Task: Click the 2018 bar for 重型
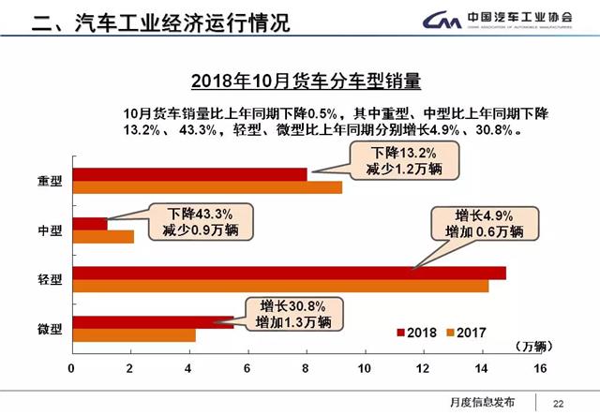click(x=187, y=174)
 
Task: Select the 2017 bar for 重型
click(x=206, y=187)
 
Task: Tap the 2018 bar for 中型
click(x=90, y=224)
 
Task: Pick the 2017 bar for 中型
click(x=103, y=237)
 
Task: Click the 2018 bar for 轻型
click(x=281, y=274)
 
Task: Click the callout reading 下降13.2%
click(x=402, y=161)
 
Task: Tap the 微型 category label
click(x=50, y=329)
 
